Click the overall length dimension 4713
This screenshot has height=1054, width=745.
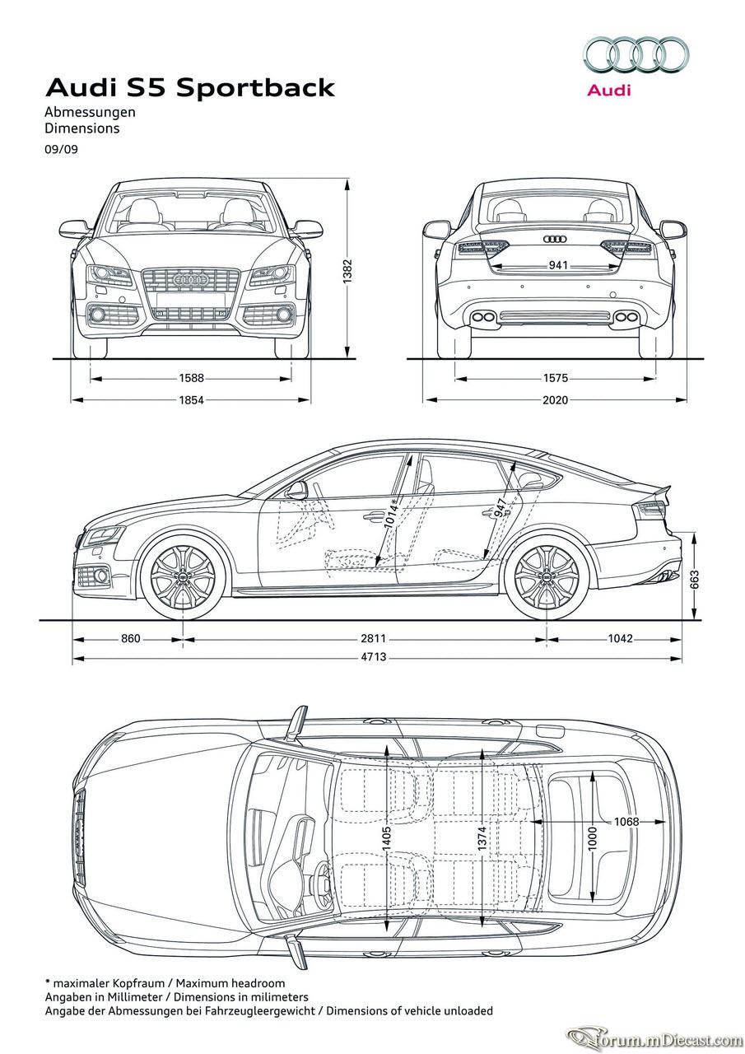(x=374, y=656)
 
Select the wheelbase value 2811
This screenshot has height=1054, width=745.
(x=374, y=638)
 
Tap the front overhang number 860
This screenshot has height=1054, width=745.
(x=131, y=638)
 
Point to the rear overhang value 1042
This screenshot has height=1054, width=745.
(x=620, y=638)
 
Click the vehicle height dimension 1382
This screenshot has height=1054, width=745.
(x=347, y=272)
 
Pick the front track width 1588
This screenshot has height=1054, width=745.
(x=192, y=378)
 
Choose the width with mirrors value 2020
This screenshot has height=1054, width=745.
(x=556, y=400)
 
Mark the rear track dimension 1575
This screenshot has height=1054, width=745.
(x=556, y=378)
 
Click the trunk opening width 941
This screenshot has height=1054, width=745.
(x=558, y=265)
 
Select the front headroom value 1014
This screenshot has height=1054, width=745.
(x=391, y=516)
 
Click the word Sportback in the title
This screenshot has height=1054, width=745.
(x=256, y=88)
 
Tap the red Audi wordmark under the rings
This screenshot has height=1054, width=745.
(x=609, y=90)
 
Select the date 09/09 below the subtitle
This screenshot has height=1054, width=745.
(x=61, y=150)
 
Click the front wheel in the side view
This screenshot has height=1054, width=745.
(x=183, y=576)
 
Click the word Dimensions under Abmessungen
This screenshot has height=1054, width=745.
(x=82, y=128)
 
